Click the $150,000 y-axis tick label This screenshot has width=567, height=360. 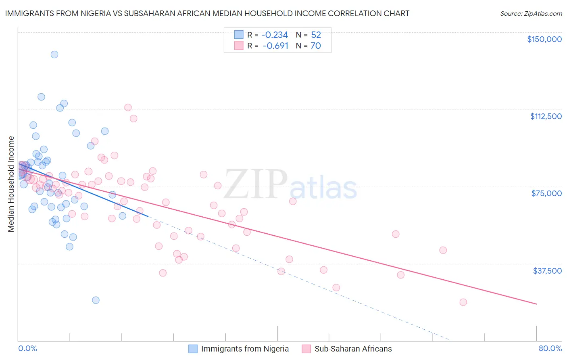(544, 39)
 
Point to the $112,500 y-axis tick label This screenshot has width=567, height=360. (546, 116)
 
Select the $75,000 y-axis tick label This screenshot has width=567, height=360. (546, 193)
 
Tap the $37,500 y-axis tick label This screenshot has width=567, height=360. (547, 271)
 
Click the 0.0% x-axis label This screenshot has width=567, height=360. (27, 348)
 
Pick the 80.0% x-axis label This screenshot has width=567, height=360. (550, 348)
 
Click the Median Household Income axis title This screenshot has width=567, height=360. (11, 184)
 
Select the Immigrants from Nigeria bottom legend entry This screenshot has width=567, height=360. (245, 349)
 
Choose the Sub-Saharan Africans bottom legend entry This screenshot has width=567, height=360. (353, 349)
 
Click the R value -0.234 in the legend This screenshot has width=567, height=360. (275, 35)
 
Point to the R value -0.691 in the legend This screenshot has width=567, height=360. (275, 46)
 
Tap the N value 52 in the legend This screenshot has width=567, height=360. (316, 35)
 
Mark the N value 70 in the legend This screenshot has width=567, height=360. (315, 46)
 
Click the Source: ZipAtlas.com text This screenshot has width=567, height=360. (531, 14)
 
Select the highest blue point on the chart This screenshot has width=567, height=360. (54, 54)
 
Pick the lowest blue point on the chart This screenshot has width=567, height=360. (96, 300)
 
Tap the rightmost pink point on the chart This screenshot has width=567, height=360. (463, 302)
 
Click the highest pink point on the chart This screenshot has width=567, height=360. (128, 107)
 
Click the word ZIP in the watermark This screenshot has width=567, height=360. (256, 184)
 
